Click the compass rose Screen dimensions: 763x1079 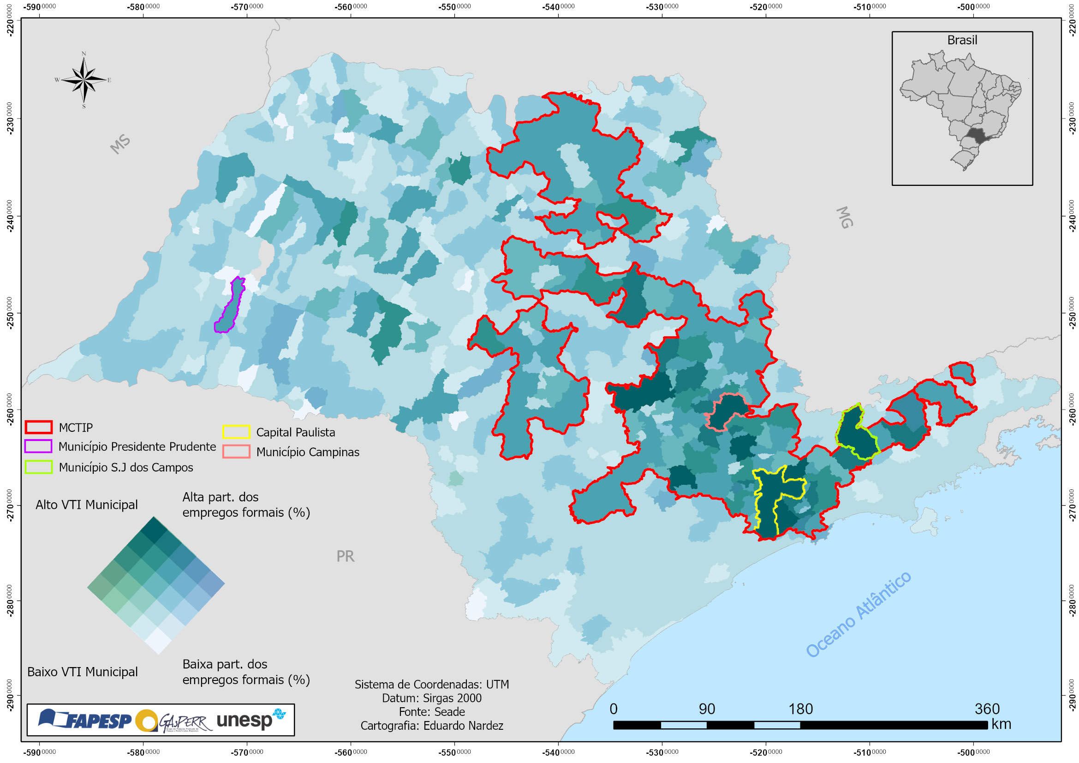83,80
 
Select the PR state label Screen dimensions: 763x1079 345,556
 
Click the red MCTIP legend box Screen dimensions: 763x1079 39,427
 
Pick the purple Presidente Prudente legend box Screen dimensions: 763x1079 39,447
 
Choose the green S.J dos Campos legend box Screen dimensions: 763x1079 39,466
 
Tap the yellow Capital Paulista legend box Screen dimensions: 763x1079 236,432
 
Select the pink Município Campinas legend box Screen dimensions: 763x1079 236,452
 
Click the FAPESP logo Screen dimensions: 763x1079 84,719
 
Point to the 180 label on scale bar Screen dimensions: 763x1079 800,709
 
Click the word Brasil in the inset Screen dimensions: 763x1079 962,41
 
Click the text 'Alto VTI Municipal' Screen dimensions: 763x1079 87,505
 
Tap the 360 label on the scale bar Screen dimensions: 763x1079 987,709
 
